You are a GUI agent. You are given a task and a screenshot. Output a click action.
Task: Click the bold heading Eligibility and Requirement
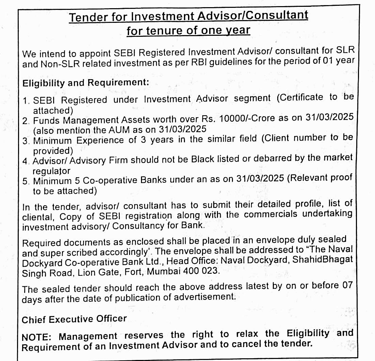point(85,83)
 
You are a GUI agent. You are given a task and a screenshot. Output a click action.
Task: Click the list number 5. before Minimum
point(26,181)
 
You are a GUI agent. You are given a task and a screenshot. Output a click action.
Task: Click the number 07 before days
point(347,285)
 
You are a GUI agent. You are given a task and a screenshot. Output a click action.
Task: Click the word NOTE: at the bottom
point(36,337)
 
